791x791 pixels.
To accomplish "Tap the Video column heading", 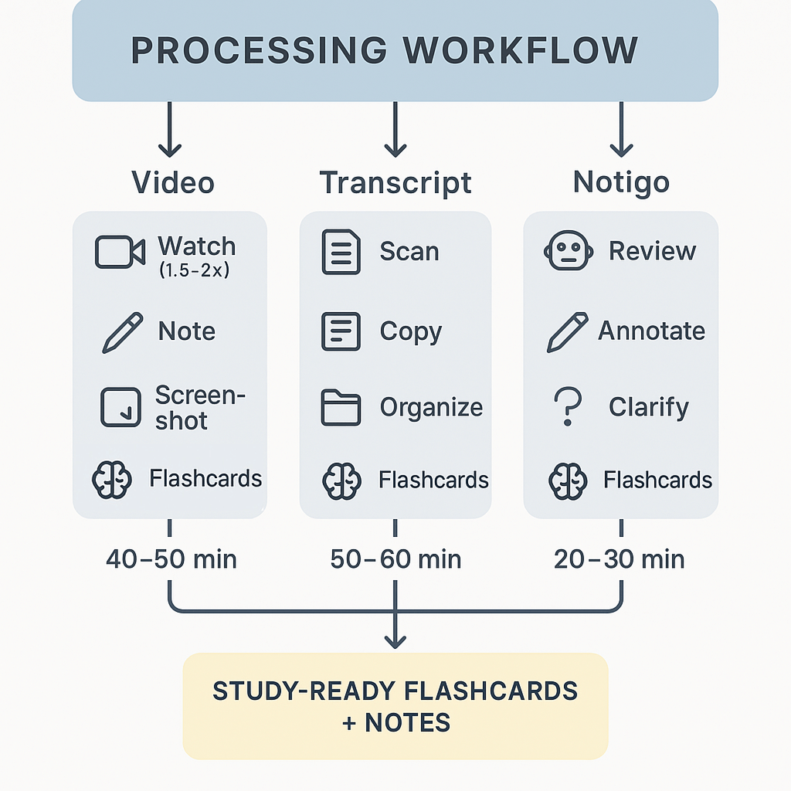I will tap(173, 183).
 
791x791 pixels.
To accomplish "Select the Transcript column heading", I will tap(395, 183).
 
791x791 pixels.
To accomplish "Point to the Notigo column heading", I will tap(621, 183).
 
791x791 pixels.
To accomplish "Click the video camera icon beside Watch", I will tap(120, 253).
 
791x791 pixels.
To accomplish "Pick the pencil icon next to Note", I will tap(122, 332).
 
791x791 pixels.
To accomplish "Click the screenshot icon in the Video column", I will tap(121, 408).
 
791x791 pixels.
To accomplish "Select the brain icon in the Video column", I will tap(113, 480).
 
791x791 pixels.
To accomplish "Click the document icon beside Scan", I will tap(341, 253).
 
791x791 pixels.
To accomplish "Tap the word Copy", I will tap(411, 331).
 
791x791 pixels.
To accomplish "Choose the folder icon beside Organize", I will tap(341, 408).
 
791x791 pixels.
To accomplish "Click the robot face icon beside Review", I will tap(569, 252).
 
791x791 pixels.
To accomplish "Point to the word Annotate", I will tap(651, 331).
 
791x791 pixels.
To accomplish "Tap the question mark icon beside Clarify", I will tap(568, 407).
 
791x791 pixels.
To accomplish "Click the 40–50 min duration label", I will tap(171, 559).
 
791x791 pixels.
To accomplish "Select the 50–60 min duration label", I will tap(395, 559).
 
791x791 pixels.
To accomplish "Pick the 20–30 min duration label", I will tap(620, 559).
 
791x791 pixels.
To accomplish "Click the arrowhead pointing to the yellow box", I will tap(395, 641).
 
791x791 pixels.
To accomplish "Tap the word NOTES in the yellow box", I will tap(407, 723).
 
